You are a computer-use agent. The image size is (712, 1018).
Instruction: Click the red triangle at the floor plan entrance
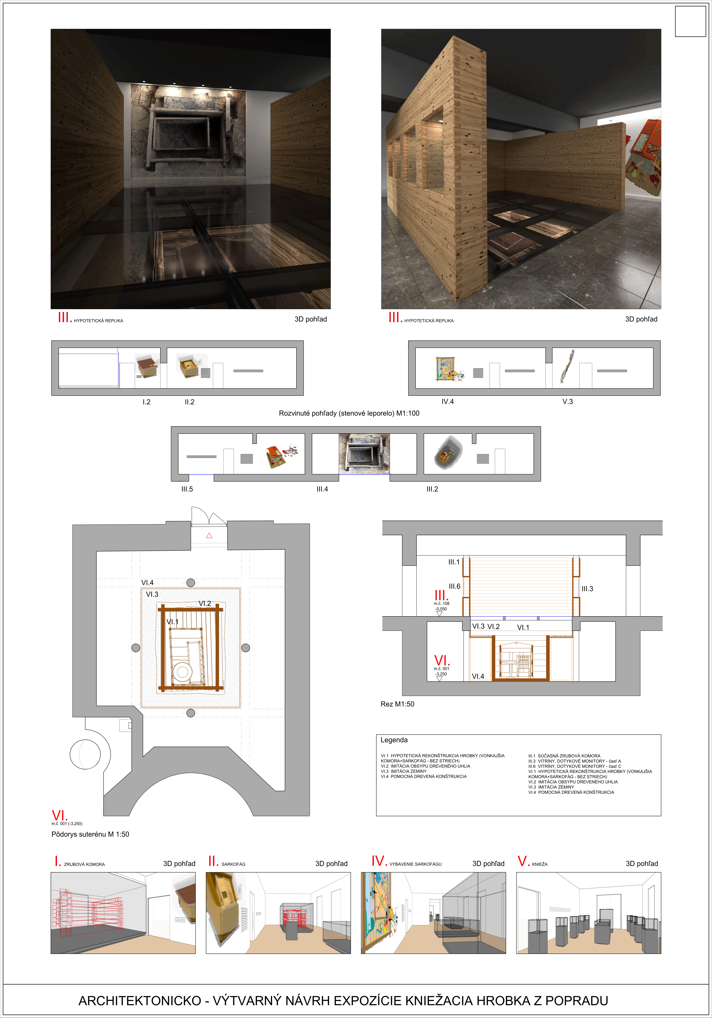[209, 536]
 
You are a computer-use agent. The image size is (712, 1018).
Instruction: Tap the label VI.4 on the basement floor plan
[148, 583]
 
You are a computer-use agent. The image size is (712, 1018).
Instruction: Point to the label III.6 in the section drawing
[455, 586]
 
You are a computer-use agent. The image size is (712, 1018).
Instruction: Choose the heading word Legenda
[394, 740]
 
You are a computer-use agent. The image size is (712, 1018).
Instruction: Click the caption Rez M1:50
[397, 704]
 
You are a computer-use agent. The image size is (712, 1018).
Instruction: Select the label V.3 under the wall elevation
[568, 402]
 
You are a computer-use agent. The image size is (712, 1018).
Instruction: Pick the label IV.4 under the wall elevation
[447, 402]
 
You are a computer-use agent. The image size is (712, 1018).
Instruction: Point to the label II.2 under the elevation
[190, 402]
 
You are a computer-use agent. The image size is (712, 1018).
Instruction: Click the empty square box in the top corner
[690, 21]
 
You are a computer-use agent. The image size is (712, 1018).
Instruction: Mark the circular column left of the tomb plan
[136, 648]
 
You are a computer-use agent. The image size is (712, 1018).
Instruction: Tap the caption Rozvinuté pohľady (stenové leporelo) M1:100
[349, 413]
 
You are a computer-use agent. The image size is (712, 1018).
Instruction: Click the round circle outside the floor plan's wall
[85, 754]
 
